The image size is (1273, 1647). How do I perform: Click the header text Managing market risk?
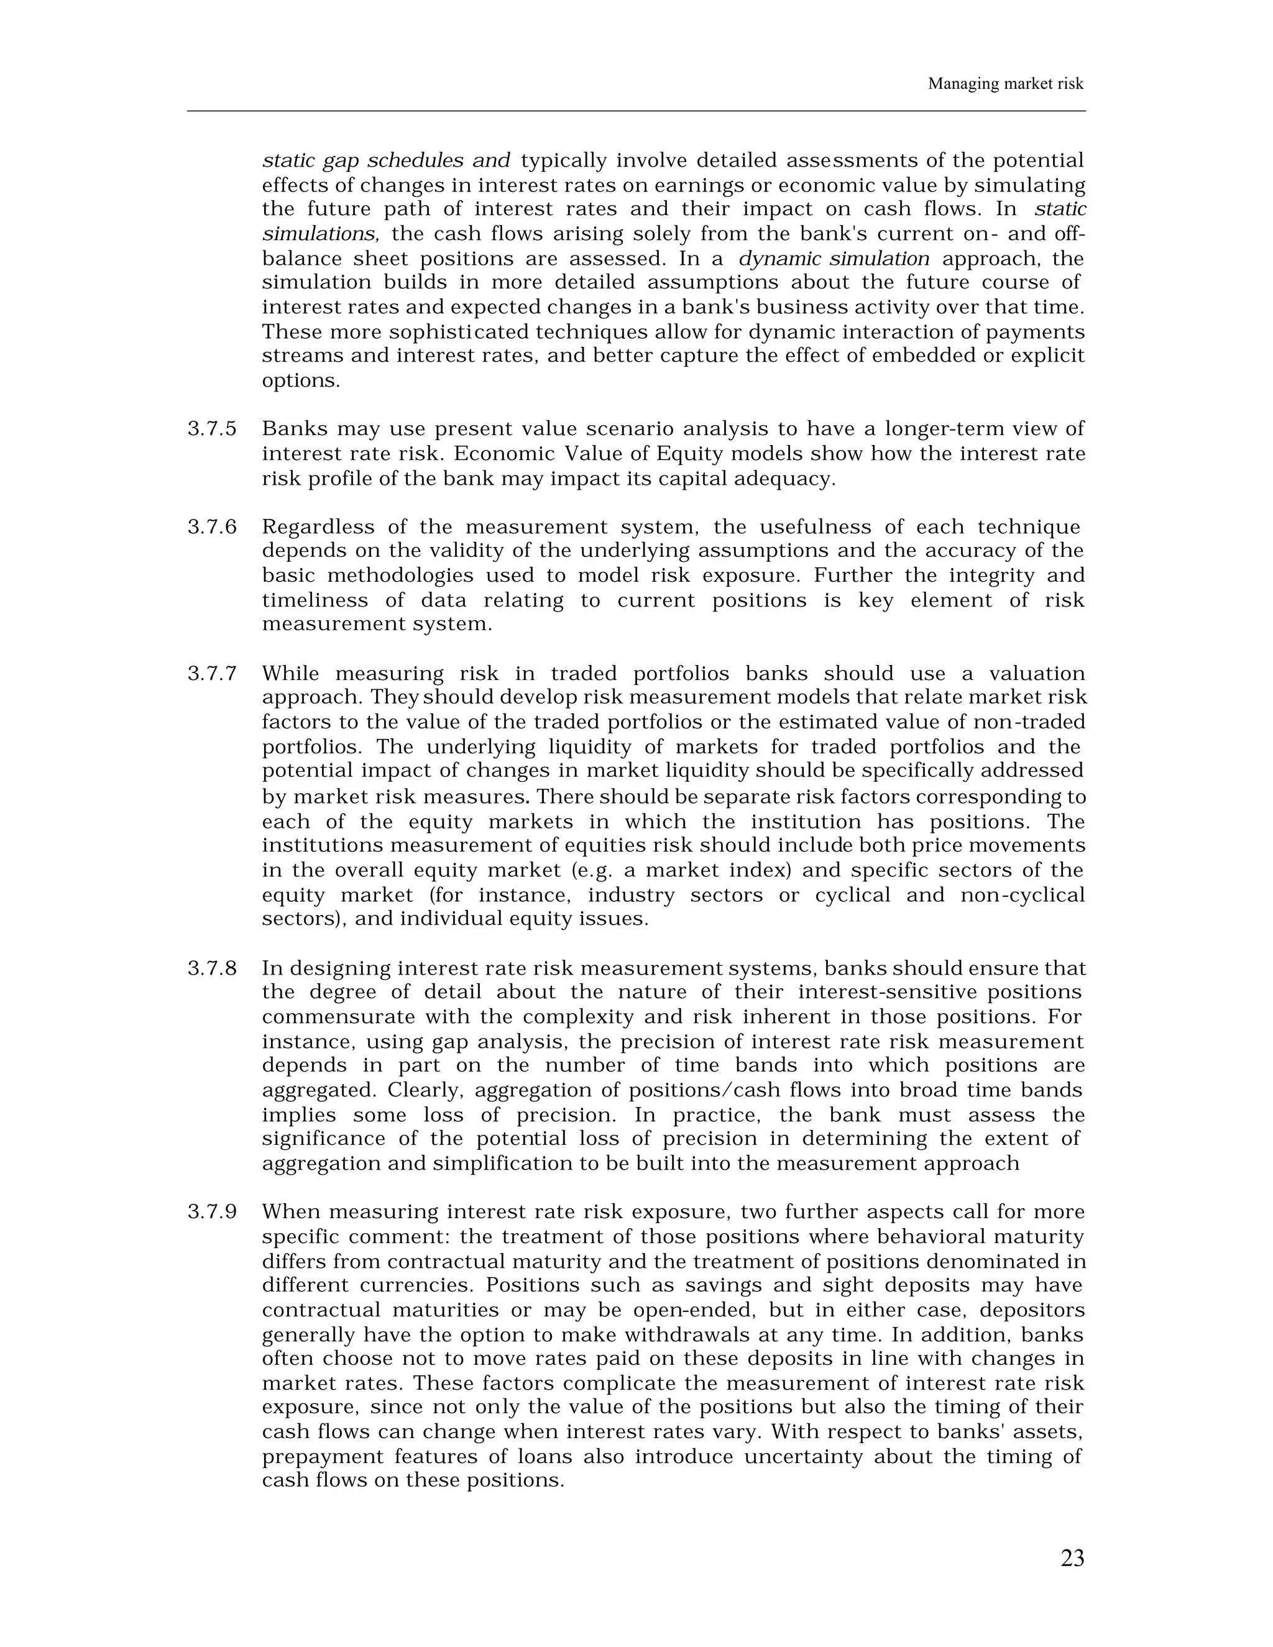tap(1004, 84)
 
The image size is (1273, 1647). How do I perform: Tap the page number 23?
tap(1072, 1558)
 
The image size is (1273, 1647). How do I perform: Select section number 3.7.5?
tap(212, 429)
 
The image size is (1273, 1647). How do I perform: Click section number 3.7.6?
tap(212, 527)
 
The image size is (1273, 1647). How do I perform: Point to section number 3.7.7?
tap(212, 674)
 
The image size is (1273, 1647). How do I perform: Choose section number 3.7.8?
tap(212, 968)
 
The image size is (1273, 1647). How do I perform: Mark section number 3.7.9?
tap(212, 1213)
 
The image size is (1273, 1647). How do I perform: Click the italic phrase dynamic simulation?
tap(834, 259)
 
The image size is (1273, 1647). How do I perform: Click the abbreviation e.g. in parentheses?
tap(594, 870)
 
